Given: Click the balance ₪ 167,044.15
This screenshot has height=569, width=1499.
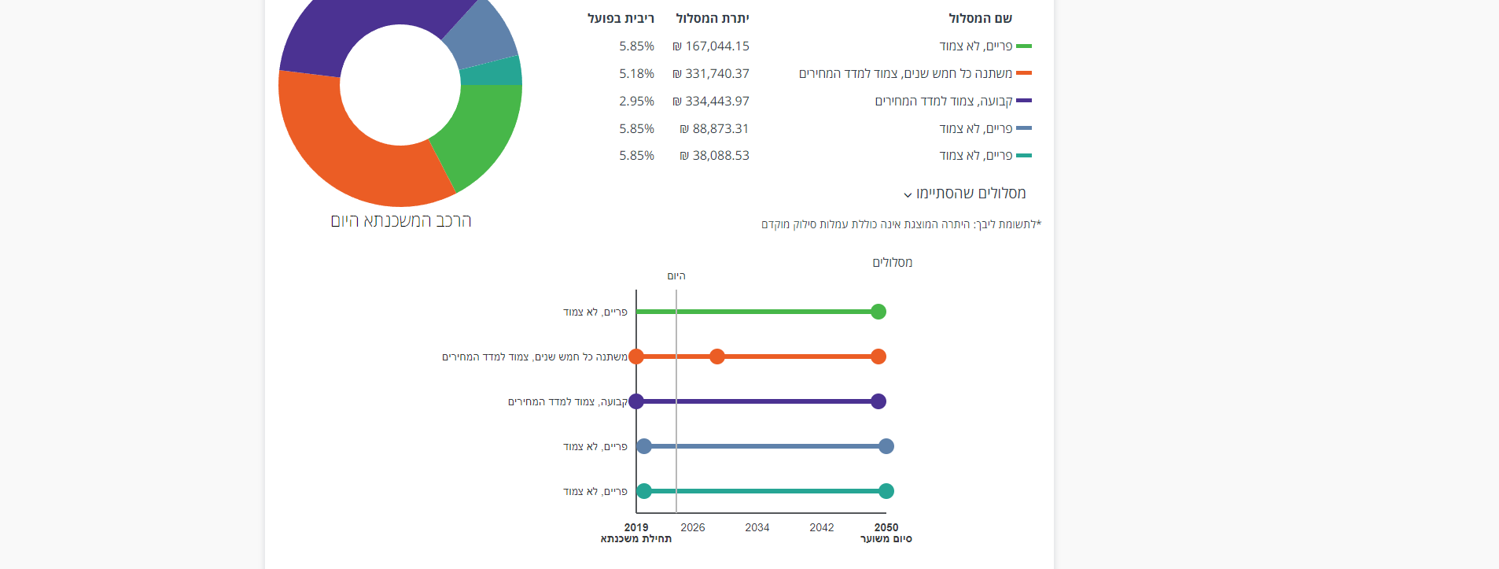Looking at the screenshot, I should click(711, 46).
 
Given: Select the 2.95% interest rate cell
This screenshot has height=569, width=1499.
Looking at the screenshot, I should click(636, 102).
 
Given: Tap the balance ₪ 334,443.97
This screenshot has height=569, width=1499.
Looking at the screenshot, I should click(711, 102).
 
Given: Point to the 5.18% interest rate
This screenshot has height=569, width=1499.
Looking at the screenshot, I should click(636, 74).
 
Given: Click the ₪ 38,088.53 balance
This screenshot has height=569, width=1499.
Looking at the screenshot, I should click(714, 156).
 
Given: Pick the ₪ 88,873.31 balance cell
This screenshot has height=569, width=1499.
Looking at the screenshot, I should click(714, 129).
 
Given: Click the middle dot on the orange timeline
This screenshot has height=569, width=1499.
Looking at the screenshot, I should click(717, 357).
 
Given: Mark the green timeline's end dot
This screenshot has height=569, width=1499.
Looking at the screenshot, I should click(878, 312).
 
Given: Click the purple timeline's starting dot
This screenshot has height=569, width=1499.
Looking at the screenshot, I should click(636, 401).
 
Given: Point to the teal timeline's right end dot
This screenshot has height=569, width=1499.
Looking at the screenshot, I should click(886, 491).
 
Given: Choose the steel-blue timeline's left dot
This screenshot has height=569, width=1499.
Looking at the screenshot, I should click(644, 446).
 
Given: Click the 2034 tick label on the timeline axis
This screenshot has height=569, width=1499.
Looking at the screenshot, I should click(757, 527).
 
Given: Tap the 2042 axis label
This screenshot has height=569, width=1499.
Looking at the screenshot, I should click(822, 527).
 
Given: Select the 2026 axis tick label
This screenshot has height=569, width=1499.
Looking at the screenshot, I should click(693, 527).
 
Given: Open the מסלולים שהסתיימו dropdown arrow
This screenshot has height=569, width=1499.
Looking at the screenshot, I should click(908, 194).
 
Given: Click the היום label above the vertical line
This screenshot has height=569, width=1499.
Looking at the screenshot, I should click(676, 276).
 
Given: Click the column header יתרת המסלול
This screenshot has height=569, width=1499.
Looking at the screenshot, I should click(713, 18).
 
